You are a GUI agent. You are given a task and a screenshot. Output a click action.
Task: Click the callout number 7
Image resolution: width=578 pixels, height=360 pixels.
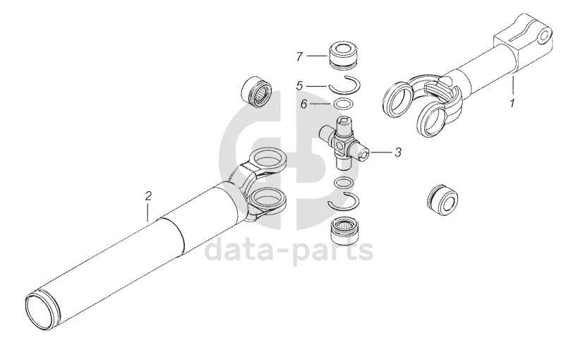pos(300,56)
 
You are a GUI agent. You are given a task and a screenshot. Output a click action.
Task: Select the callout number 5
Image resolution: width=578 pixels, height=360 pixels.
pos(300,86)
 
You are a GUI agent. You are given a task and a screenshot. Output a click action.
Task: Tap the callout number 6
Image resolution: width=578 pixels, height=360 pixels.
pos(303,104)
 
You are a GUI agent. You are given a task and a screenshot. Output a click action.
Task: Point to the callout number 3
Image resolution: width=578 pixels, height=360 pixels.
pos(398,152)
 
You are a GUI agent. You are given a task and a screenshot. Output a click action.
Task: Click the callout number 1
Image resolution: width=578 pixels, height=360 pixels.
pos(512,103)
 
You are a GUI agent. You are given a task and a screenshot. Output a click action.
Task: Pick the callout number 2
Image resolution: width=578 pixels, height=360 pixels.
pos(148,196)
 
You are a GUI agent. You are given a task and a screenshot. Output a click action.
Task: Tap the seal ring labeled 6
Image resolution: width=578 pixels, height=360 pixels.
pos(343,104)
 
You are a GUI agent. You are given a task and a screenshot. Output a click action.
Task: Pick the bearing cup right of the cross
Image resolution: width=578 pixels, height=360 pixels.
pos(442,201)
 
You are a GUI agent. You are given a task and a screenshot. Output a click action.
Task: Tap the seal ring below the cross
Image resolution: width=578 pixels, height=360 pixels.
pos(343,183)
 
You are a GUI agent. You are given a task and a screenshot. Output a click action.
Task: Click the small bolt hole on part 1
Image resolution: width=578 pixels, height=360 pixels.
pos(543,36)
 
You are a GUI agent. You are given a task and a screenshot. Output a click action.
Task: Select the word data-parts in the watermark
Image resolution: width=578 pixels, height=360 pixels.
pos(289,250)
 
